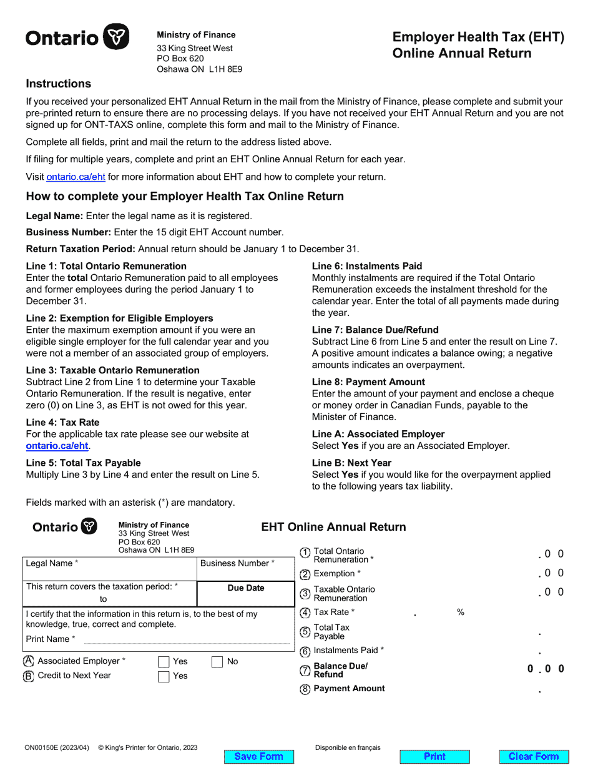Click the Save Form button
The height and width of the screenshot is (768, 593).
pyautogui.click(x=258, y=756)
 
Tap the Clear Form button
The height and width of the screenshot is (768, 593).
pyautogui.click(x=534, y=756)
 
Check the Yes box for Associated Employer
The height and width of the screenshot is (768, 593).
pyautogui.click(x=164, y=662)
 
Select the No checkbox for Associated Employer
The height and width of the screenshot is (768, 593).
pyautogui.click(x=217, y=662)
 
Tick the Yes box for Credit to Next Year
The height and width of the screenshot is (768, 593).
pyautogui.click(x=164, y=676)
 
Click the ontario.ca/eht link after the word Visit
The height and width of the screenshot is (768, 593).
pyautogui.click(x=76, y=177)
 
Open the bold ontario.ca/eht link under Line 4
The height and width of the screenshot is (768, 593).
pyautogui.click(x=57, y=446)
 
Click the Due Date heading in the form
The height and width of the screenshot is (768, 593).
pyautogui.click(x=246, y=588)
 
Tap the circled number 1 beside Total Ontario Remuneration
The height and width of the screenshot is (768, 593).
pyautogui.click(x=305, y=553)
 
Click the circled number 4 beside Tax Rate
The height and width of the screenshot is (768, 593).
pyautogui.click(x=305, y=613)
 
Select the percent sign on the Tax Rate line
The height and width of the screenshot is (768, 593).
pyautogui.click(x=461, y=613)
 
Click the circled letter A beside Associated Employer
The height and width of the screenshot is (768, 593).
pyautogui.click(x=29, y=661)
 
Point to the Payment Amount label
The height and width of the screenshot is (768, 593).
pyautogui.click(x=349, y=688)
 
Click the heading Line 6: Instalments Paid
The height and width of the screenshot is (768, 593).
pyautogui.click(x=367, y=266)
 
